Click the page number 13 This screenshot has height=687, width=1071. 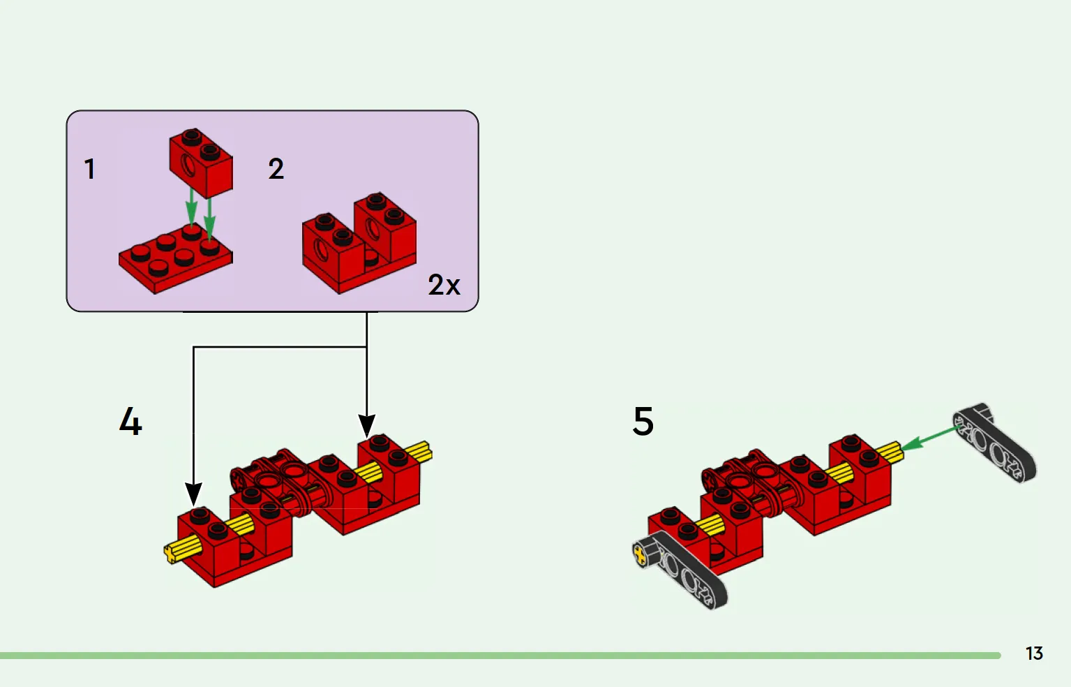click(1033, 653)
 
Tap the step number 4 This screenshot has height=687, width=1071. click(130, 422)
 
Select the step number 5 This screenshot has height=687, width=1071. click(643, 422)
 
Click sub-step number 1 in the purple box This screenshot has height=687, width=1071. click(89, 169)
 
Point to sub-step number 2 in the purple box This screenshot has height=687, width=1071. click(276, 169)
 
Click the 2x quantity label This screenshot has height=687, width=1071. click(444, 285)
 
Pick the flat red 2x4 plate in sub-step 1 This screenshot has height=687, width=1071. click(174, 258)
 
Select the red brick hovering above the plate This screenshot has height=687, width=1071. click(201, 162)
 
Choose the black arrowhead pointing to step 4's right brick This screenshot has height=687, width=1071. click(367, 425)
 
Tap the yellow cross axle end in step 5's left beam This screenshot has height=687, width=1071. click(640, 555)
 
